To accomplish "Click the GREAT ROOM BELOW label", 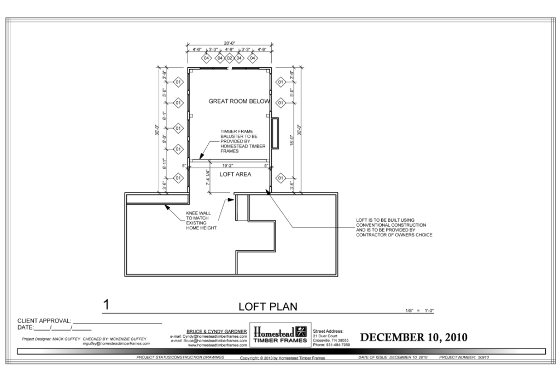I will click(x=239, y=101).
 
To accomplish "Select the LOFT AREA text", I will click(x=235, y=175).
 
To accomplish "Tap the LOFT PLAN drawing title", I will click(x=267, y=307).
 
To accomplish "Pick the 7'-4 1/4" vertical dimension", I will click(x=208, y=178).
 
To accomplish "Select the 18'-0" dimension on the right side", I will click(x=292, y=141).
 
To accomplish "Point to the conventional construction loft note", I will click(x=394, y=227).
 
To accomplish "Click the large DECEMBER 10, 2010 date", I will click(x=413, y=337).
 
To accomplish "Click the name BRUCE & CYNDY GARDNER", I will click(x=217, y=332).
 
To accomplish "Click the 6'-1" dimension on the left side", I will click(x=165, y=116).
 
